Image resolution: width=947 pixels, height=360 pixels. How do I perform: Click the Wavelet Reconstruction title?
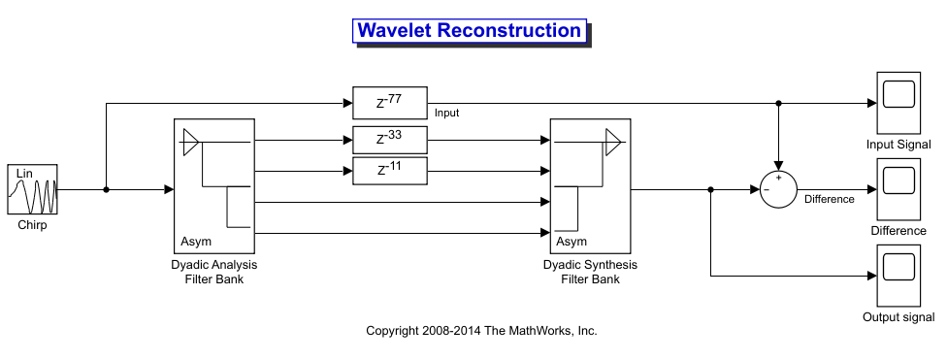pyautogui.click(x=470, y=30)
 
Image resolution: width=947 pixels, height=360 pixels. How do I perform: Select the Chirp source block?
pyautogui.click(x=33, y=189)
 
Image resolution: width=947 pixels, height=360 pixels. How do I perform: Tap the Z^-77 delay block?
pyautogui.click(x=389, y=103)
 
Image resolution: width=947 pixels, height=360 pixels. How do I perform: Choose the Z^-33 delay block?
pyautogui.click(x=389, y=140)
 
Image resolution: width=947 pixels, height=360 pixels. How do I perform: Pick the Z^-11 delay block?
pyautogui.click(x=389, y=171)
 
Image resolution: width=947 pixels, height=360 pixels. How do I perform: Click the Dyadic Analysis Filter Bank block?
pyautogui.click(x=214, y=186)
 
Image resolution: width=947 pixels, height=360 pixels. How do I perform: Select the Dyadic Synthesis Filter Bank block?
pyautogui.click(x=590, y=186)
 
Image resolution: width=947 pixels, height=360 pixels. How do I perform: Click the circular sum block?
pyautogui.click(x=778, y=189)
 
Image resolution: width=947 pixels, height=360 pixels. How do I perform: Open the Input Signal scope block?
pyautogui.click(x=898, y=103)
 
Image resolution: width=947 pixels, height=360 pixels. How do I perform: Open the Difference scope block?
pyautogui.click(x=898, y=189)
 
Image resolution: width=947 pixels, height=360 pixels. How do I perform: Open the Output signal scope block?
pyautogui.click(x=898, y=276)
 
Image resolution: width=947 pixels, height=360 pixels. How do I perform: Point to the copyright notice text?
pyautogui.click(x=481, y=330)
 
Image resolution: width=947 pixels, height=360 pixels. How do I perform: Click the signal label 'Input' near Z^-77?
pyautogui.click(x=447, y=113)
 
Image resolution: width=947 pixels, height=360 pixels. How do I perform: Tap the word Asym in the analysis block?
pyautogui.click(x=196, y=242)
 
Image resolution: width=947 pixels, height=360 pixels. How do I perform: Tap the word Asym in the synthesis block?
pyautogui.click(x=571, y=242)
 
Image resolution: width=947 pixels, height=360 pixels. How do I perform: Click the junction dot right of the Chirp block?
pyautogui.click(x=107, y=189)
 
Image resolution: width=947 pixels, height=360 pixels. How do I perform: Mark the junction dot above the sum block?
pyautogui.click(x=778, y=103)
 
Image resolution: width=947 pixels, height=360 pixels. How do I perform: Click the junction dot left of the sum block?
pyautogui.click(x=711, y=189)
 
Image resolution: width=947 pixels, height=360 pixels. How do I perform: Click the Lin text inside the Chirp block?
pyautogui.click(x=24, y=174)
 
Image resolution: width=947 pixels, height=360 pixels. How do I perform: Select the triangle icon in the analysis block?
pyautogui.click(x=191, y=142)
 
